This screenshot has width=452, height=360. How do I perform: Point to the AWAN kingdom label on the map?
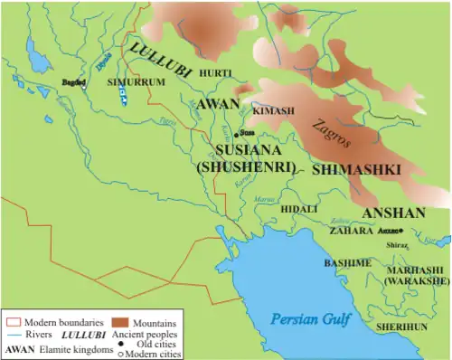coord(217,105)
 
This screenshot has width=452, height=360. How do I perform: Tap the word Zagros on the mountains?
coord(332,137)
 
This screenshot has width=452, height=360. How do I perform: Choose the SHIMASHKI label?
coord(348,169)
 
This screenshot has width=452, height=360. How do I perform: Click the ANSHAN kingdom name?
coord(393,213)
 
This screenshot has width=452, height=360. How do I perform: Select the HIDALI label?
coord(299,208)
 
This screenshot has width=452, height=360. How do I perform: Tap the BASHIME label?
coord(347,262)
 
